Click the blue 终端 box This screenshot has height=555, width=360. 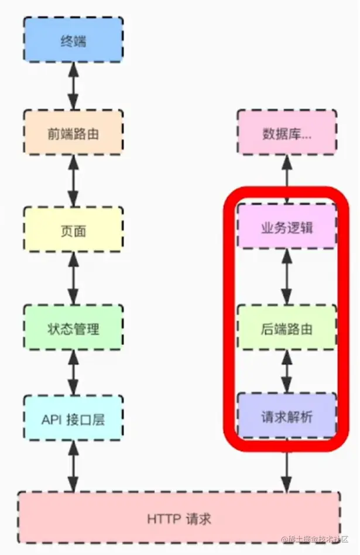[73, 39]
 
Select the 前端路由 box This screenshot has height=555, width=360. [73, 133]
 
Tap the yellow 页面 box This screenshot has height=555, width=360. [73, 230]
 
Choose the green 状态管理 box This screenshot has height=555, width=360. [73, 328]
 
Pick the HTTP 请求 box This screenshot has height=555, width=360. [179, 518]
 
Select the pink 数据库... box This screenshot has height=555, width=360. [287, 133]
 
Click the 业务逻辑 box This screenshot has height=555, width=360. [287, 227]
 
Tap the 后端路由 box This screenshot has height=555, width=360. [287, 328]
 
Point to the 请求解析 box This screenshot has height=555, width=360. [287, 417]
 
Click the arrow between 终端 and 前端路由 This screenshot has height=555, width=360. [73, 85]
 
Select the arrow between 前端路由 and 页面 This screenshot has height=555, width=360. [73, 181]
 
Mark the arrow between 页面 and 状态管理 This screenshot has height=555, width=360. [73, 279]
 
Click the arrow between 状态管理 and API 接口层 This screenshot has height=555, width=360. [73, 373]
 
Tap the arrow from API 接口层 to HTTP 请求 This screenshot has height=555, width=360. [73, 465]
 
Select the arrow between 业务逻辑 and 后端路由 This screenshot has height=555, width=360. [287, 277]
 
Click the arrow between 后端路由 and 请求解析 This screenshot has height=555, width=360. [287, 372]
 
